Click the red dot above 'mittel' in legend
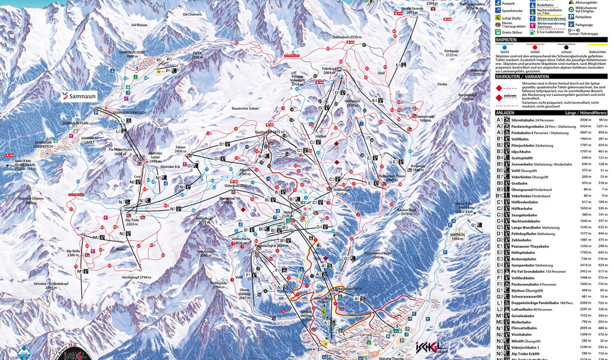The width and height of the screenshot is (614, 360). tap(533, 46)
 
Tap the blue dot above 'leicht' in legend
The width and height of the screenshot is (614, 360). tap(505, 46)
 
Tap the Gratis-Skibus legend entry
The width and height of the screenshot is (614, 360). tap(514, 34)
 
